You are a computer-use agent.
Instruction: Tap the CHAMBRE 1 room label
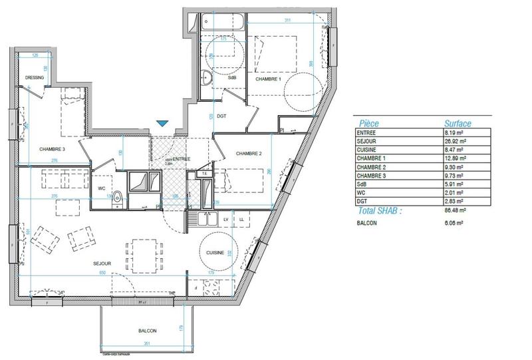click(x=269, y=79)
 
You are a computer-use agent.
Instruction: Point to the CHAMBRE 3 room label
click(x=52, y=149)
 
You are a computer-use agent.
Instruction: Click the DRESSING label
click(x=34, y=78)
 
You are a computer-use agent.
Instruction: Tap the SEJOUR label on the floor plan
click(x=102, y=264)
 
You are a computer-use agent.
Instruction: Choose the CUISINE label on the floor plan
click(x=215, y=253)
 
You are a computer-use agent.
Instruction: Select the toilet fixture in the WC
click(x=118, y=197)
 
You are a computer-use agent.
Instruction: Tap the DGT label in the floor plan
click(x=222, y=116)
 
